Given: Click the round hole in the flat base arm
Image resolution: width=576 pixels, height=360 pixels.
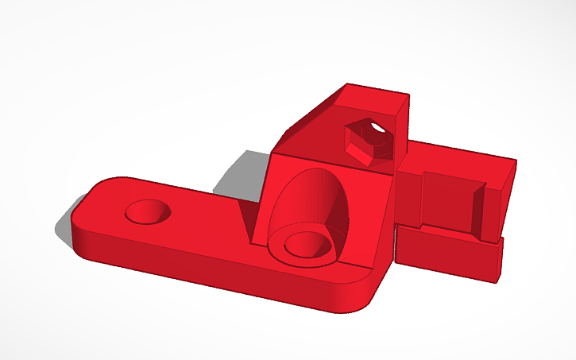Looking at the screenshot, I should (147, 212).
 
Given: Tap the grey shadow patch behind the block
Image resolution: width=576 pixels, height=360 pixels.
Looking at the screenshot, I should (242, 171).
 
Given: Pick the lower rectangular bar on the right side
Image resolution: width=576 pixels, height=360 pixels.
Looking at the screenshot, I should (449, 254).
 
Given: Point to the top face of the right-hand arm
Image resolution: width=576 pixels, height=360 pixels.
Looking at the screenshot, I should (461, 153).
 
